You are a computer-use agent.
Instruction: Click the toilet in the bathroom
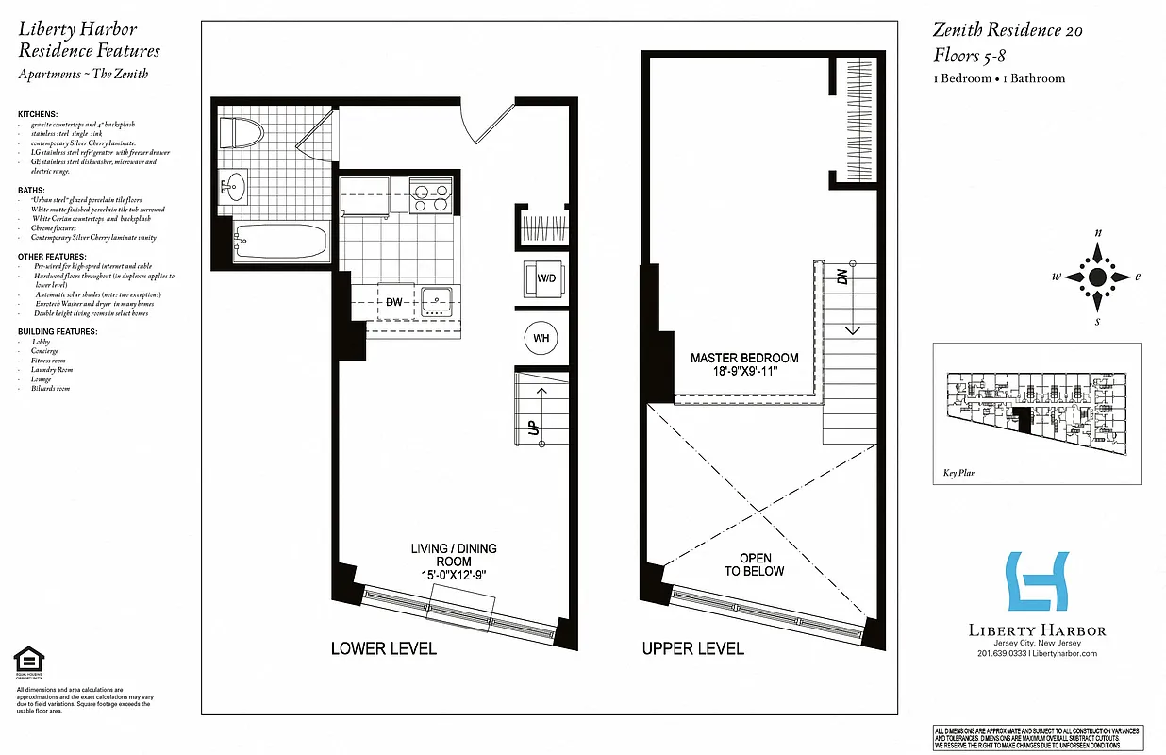tap(240, 132)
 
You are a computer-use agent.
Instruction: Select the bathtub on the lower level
tap(281, 243)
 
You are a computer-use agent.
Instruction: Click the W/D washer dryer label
tap(545, 278)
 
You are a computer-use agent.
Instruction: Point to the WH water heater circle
tap(541, 338)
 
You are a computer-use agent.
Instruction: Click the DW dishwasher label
tap(394, 301)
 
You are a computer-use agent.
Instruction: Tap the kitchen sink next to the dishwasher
tap(438, 301)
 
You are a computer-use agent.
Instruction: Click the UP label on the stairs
tap(532, 428)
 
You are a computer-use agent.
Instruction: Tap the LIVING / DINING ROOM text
tap(453, 562)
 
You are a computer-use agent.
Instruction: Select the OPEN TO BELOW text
tap(755, 564)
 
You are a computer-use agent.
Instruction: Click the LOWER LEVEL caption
tap(383, 648)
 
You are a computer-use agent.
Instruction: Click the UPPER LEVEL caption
tap(693, 648)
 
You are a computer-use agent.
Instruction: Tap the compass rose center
tap(1097, 277)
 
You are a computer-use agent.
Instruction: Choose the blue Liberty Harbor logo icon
tap(1037, 580)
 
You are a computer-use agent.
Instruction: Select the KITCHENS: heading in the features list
tap(38, 114)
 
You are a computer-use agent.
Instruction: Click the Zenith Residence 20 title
tap(1008, 30)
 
